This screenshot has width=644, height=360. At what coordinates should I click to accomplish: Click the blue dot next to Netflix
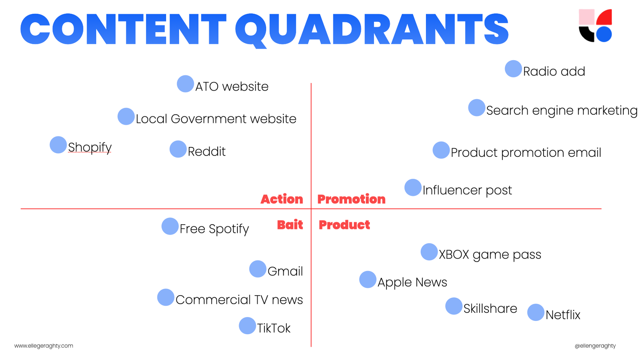pos(535,312)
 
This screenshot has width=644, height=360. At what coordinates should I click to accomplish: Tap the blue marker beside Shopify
pos(58,145)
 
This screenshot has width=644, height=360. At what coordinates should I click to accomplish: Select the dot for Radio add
pos(513,69)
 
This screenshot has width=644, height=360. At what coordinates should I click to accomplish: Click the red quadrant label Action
pos(282,199)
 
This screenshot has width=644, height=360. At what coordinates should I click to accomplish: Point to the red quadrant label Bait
pos(290,225)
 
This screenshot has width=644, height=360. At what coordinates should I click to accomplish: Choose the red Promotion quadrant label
pos(351,199)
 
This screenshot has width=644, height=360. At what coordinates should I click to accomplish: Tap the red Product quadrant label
pos(344,225)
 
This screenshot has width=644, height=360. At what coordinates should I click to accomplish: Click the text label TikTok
pos(273,328)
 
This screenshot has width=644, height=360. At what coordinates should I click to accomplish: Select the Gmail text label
pos(285,272)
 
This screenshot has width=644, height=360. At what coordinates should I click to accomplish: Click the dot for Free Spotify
pos(170,226)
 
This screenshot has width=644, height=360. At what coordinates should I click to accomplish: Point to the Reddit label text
pos(207,152)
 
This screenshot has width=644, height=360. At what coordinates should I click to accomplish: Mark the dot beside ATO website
pos(185,84)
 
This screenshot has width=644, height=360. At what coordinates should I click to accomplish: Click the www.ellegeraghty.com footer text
pos(44,346)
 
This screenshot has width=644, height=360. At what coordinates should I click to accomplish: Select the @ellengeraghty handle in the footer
pos(595,346)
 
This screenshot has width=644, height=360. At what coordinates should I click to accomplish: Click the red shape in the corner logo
pos(605,18)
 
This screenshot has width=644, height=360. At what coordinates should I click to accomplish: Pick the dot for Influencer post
pos(413,187)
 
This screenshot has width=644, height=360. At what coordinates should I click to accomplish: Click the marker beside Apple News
pos(368,280)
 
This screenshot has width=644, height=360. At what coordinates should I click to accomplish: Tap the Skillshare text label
pos(490,308)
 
